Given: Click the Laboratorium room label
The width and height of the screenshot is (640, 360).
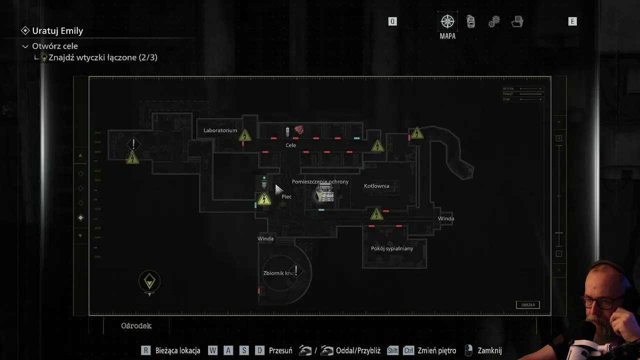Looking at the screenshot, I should pos(220,130).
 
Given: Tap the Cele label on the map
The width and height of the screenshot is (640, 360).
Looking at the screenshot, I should pos(290,145).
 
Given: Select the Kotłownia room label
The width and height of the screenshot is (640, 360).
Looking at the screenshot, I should pos(376,186).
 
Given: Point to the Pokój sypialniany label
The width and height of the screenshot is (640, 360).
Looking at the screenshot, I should pos(392,248).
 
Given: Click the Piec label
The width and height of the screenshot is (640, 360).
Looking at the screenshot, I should pos(286,196).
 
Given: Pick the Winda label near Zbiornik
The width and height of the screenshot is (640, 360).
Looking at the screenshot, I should pos(265,238).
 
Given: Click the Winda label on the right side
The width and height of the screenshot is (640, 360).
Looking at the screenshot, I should pos(446,218).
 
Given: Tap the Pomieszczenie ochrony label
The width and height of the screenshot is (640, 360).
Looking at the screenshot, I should pos(320,181).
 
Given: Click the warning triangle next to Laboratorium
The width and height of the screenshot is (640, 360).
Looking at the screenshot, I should pos(244,135).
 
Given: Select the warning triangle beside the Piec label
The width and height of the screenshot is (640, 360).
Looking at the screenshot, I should pos(264,199).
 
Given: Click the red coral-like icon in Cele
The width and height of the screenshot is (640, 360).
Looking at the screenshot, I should pos(299,130).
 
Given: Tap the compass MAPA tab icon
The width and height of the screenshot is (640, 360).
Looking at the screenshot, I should pos(447,21).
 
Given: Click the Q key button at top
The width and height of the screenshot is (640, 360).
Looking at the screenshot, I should pos(392,21).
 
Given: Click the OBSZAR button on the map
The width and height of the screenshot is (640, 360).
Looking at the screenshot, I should pos(527,305).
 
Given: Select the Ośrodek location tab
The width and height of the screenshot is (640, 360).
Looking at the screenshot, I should pos(136,325).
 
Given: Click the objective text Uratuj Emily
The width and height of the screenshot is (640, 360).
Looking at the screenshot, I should pos(57,30).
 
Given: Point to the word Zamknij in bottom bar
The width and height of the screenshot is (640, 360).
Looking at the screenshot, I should pos(489,350).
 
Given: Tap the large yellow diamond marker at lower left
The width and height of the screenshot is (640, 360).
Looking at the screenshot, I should pos(149,281).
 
